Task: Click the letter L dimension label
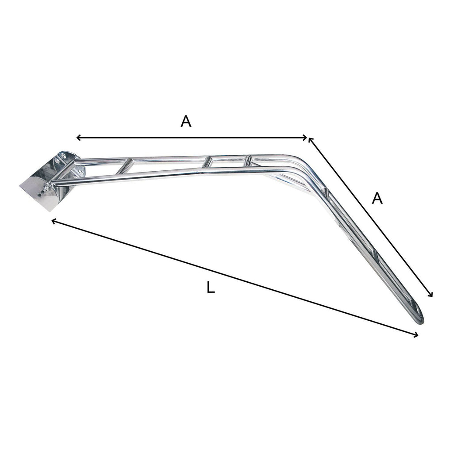[x=211, y=288]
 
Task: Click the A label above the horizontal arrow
[x=186, y=121]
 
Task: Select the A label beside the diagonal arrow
[x=377, y=199]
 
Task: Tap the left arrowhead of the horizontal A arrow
[x=78, y=138]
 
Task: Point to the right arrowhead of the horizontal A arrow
[x=305, y=138]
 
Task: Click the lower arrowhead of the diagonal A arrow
[x=430, y=294]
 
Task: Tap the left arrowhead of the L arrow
[x=54, y=222]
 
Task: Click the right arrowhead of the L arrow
[x=415, y=335]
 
